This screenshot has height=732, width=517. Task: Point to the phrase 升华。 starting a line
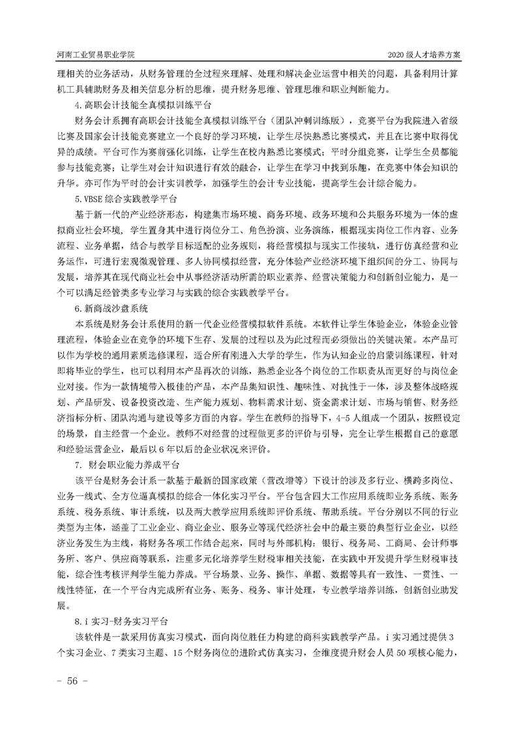[68, 167]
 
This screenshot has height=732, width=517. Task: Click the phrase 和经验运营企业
[92, 448]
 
